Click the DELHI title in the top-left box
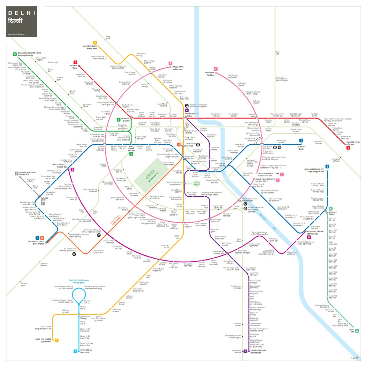click(21, 13)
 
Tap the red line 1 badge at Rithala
click(75, 62)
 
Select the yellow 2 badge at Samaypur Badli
click(95, 43)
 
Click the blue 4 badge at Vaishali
click(301, 141)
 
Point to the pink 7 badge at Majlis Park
click(170, 64)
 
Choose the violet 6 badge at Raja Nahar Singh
click(245, 351)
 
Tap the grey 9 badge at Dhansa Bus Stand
click(17, 173)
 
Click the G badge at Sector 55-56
click(75, 351)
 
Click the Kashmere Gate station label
click(191, 115)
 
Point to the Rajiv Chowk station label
click(190, 158)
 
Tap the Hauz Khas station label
click(163, 264)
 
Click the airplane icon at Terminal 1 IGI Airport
click(98, 235)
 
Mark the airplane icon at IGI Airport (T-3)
click(74, 254)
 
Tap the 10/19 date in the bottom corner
click(354, 358)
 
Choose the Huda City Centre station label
click(43, 340)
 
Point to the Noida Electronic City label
click(314, 170)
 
